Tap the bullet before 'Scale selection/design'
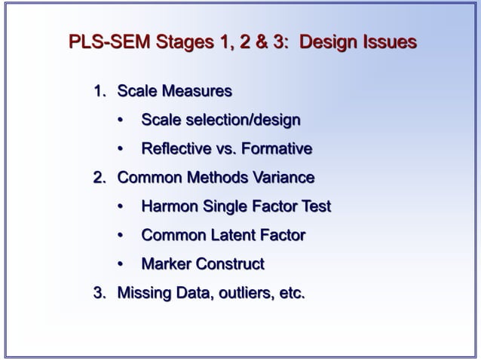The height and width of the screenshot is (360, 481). point(121,121)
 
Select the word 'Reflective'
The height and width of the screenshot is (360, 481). point(178,149)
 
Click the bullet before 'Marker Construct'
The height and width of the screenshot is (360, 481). point(121,264)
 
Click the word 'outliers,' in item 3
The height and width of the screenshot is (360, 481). point(245,293)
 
